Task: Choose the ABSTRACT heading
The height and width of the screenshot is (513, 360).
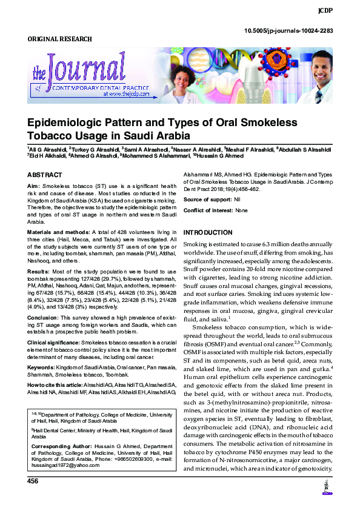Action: pos(45,174)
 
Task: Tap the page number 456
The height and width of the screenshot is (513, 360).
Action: pos(33,481)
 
